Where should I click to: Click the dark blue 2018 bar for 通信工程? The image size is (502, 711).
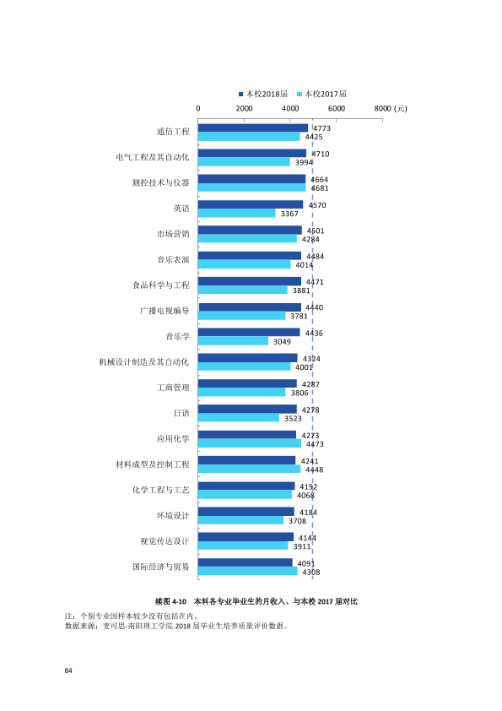[x=253, y=128]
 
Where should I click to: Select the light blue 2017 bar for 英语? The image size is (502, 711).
[x=236, y=213]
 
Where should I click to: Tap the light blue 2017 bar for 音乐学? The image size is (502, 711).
[x=233, y=341]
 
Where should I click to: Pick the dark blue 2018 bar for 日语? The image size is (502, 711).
[x=247, y=409]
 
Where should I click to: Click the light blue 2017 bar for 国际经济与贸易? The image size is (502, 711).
[x=247, y=572]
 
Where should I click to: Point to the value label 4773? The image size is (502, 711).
[x=321, y=128]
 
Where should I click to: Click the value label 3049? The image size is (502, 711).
[x=282, y=341]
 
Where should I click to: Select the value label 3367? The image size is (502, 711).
[x=289, y=214]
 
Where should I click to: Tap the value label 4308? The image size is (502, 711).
[x=311, y=573]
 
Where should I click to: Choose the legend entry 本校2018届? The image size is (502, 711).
[x=263, y=94]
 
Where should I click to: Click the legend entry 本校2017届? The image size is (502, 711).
[x=321, y=94]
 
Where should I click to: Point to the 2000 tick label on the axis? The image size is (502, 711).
[x=244, y=108]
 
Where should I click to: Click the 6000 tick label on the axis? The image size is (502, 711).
[x=336, y=108]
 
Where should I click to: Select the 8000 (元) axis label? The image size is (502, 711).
[x=391, y=108]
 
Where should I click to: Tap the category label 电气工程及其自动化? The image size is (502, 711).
[x=152, y=157]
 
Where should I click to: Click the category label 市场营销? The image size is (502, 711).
[x=173, y=234]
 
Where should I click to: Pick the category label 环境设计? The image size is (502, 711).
[x=173, y=516]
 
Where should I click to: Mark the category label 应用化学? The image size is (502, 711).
[x=173, y=438]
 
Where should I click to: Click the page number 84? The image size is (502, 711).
[x=68, y=670]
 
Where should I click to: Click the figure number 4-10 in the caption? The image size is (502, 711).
[x=180, y=602]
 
